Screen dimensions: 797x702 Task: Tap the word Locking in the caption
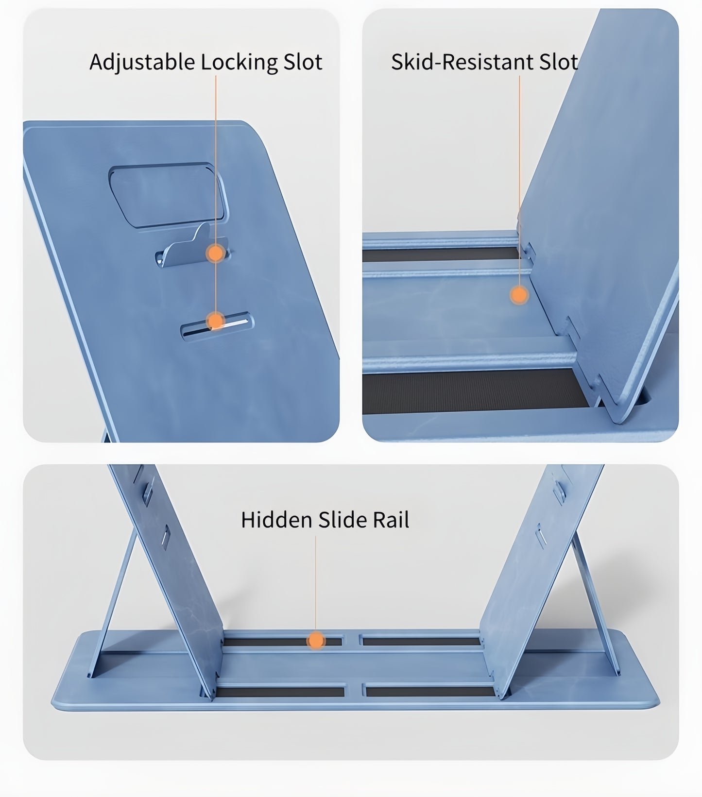[x=239, y=62]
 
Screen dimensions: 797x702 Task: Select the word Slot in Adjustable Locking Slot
[x=303, y=62]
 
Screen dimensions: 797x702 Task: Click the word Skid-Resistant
[x=456, y=62]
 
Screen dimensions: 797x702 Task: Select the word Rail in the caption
[x=391, y=520]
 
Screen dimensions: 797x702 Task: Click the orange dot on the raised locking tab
[x=215, y=253]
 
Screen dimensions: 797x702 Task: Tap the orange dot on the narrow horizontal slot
[x=215, y=321]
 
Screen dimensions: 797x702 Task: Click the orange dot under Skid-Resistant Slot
[x=519, y=295]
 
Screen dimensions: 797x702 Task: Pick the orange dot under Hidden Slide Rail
[x=316, y=641]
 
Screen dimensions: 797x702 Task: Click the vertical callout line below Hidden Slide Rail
[x=316, y=583]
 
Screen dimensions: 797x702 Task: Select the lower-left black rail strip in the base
[x=279, y=692]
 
